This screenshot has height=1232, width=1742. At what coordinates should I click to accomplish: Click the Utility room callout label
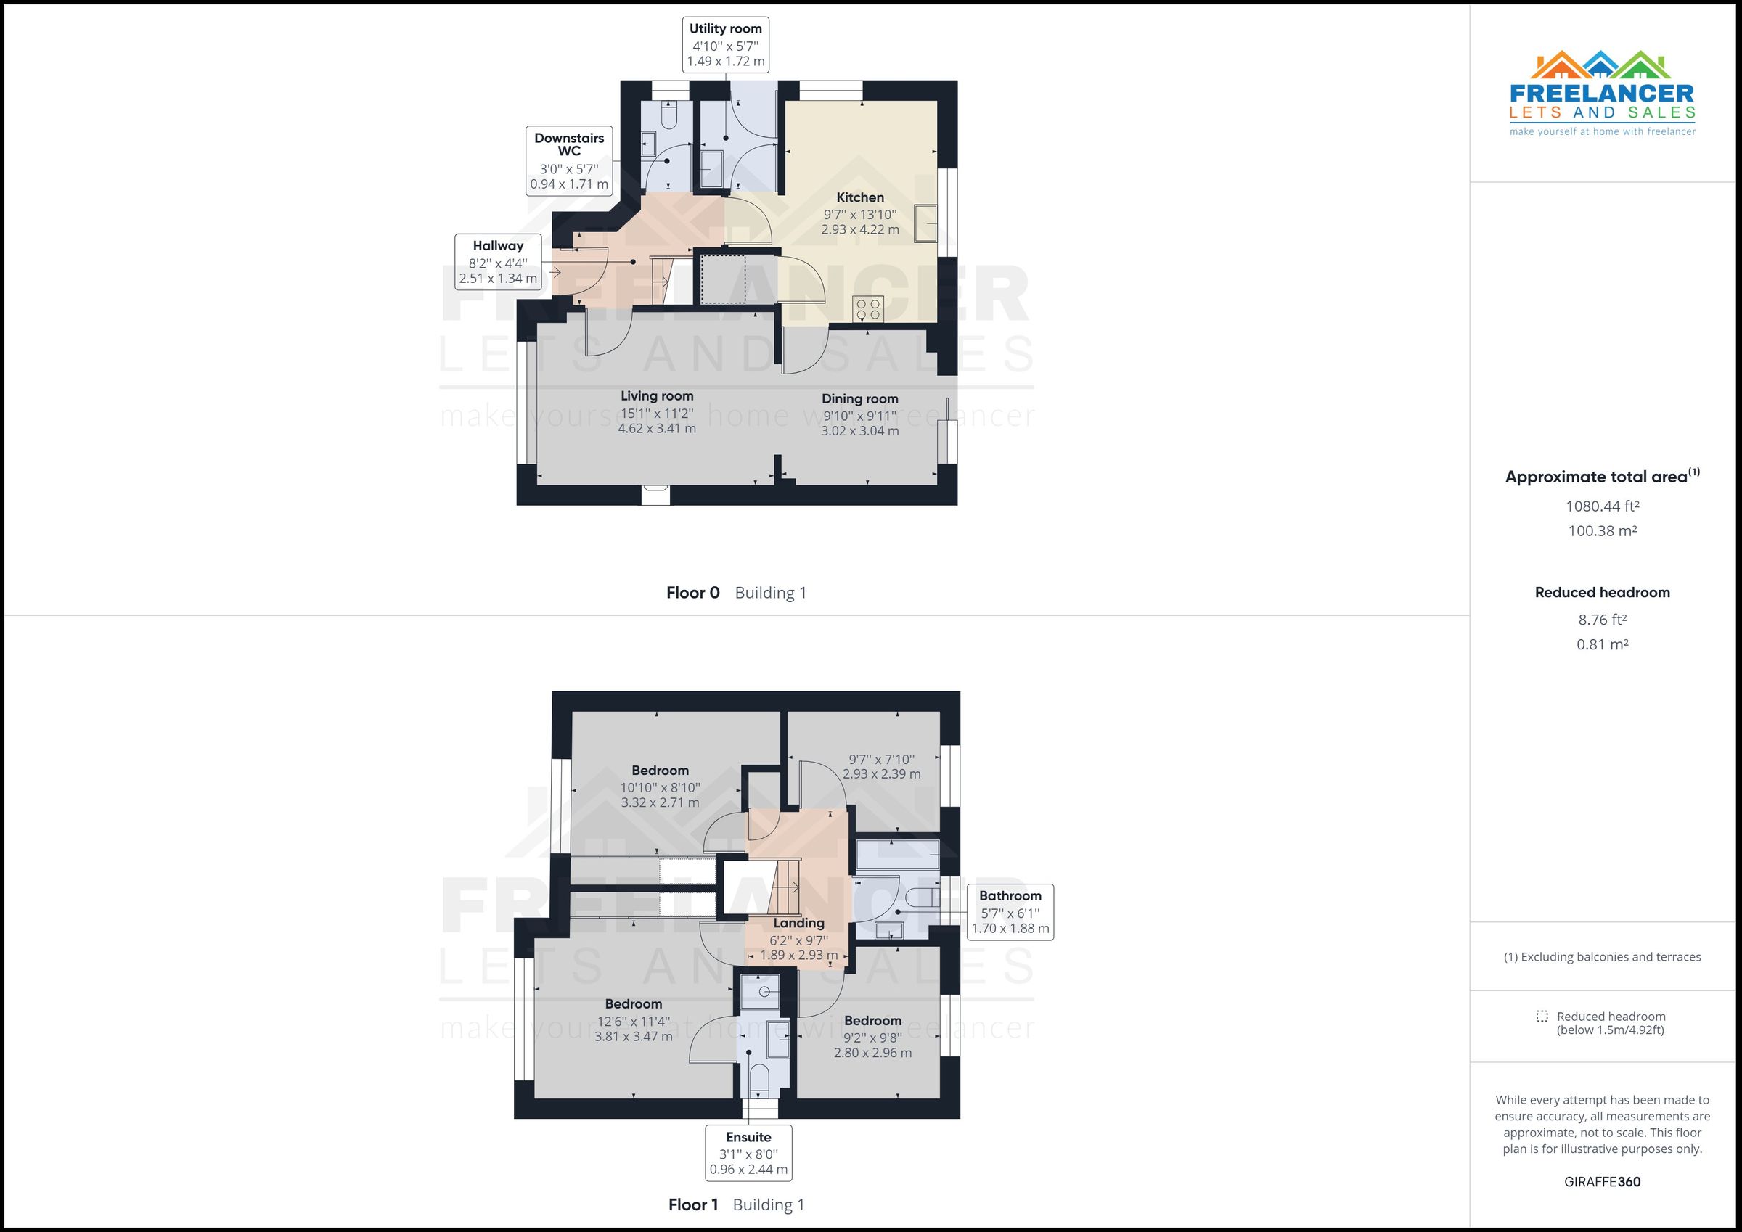tap(725, 45)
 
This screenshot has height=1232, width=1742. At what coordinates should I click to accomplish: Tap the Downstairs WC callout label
tap(569, 161)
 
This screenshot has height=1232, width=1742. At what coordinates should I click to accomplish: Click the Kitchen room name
tap(859, 197)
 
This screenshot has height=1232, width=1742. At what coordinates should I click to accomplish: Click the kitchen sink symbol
tap(925, 223)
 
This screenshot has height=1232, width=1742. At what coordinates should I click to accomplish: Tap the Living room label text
tap(657, 395)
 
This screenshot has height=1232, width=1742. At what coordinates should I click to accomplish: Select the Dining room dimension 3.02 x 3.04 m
tap(859, 431)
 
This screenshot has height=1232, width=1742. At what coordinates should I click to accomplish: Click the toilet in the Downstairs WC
tap(668, 116)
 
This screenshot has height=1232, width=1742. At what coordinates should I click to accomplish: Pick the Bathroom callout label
tap(1010, 912)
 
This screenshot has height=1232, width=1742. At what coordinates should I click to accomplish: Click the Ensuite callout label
tap(748, 1153)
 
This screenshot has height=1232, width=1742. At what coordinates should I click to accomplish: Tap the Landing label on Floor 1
tap(798, 923)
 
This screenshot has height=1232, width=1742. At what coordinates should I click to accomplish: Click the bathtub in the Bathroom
tap(898, 854)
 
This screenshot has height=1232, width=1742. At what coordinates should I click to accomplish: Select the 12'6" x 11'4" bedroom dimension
tap(634, 1020)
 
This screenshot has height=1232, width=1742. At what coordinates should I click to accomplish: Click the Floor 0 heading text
tap(692, 593)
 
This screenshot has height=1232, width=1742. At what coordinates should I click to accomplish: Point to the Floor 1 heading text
tap(692, 1204)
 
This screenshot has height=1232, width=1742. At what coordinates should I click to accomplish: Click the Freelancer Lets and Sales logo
tap(1603, 94)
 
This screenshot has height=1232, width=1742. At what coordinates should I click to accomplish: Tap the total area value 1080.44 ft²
tap(1603, 506)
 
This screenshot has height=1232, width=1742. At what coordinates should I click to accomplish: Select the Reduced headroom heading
tap(1603, 593)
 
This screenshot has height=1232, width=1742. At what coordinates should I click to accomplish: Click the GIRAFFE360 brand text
tap(1603, 1182)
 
